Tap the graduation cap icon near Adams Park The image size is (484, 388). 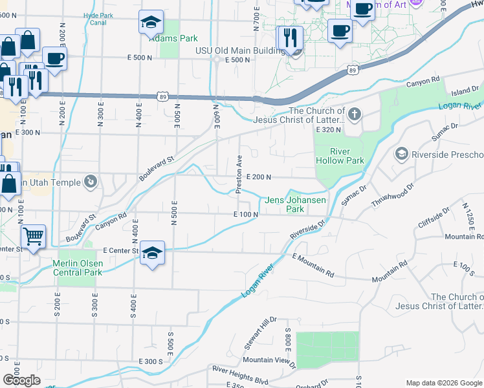coord(151,23)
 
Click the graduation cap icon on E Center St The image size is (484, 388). coord(152,253)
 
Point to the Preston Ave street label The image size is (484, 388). coord(239,173)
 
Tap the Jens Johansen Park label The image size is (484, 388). coord(294,204)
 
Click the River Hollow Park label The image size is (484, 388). coord(340,155)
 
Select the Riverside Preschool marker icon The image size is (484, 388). coord(401,155)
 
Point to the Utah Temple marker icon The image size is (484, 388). coord(91,182)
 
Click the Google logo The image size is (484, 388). coord(21,380)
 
